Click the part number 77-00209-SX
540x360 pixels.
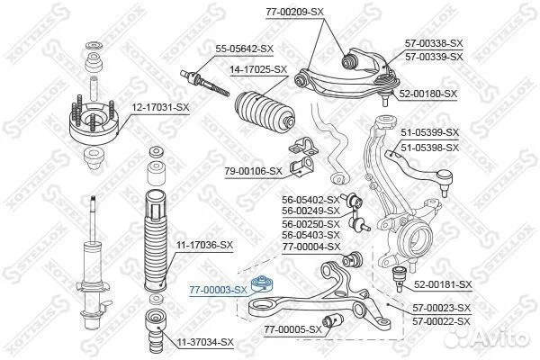point(295,12)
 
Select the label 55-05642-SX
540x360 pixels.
point(244,49)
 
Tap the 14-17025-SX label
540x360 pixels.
point(258,69)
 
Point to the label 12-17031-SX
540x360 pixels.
point(161,107)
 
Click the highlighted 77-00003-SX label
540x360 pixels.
point(218,290)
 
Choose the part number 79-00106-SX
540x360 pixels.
point(253,171)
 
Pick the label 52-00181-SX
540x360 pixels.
point(443,284)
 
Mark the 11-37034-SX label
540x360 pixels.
point(205,342)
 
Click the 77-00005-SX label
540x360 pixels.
point(292,330)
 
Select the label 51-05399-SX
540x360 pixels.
point(430,132)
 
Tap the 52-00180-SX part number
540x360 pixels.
point(428,94)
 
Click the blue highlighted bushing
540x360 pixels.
point(262,283)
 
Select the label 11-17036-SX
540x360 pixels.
point(204,246)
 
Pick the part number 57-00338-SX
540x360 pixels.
point(434,43)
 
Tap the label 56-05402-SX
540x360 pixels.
point(310,200)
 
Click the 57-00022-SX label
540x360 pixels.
point(441,322)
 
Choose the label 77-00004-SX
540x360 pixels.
point(311,247)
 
